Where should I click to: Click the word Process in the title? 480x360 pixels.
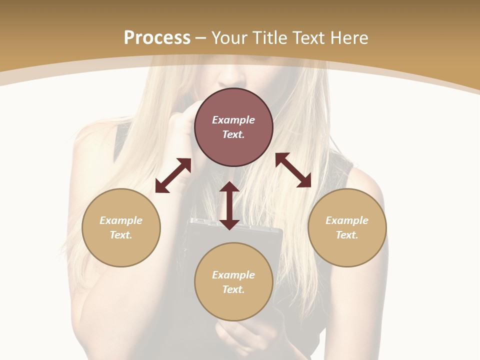point(157,37)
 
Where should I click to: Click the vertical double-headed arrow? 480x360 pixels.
point(229,205)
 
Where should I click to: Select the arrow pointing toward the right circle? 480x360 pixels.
point(293,170)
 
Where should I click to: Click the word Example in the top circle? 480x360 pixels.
point(233,120)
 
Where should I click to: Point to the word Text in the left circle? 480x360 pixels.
point(121,235)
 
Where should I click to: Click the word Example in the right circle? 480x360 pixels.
point(347,220)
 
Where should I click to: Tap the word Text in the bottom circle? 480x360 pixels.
point(233,289)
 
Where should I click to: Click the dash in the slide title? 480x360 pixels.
point(201,38)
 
